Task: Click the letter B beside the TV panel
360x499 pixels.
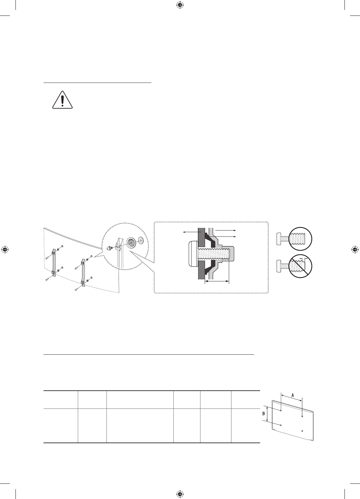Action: tap(263, 413)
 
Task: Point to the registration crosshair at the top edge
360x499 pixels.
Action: tap(180, 5)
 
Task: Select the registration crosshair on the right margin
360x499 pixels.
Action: tap(355, 250)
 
